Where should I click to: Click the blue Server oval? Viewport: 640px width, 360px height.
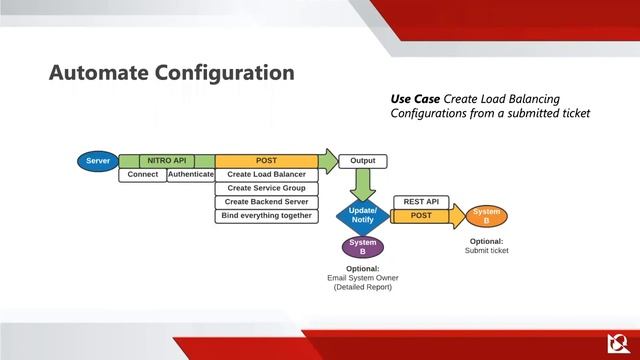click(97, 161)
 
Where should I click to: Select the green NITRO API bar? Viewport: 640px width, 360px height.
click(166, 161)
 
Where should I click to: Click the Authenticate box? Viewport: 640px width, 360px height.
click(190, 175)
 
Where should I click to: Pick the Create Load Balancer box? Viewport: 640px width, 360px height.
click(266, 175)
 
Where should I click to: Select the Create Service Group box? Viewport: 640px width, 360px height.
click(266, 188)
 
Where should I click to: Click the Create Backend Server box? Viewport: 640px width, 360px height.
click(266, 202)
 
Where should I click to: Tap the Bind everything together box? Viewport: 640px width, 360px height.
click(266, 216)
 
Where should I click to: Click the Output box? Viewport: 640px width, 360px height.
click(363, 161)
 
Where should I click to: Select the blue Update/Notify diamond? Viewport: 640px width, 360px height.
click(363, 215)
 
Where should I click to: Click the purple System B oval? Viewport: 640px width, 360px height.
click(363, 247)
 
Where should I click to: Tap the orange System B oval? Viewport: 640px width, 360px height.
click(486, 216)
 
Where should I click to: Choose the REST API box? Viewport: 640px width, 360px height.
click(421, 202)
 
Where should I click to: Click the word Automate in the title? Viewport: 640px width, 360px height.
click(96, 73)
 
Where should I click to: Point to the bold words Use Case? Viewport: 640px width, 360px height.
click(414, 99)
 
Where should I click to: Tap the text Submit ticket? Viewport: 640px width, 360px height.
click(486, 251)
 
